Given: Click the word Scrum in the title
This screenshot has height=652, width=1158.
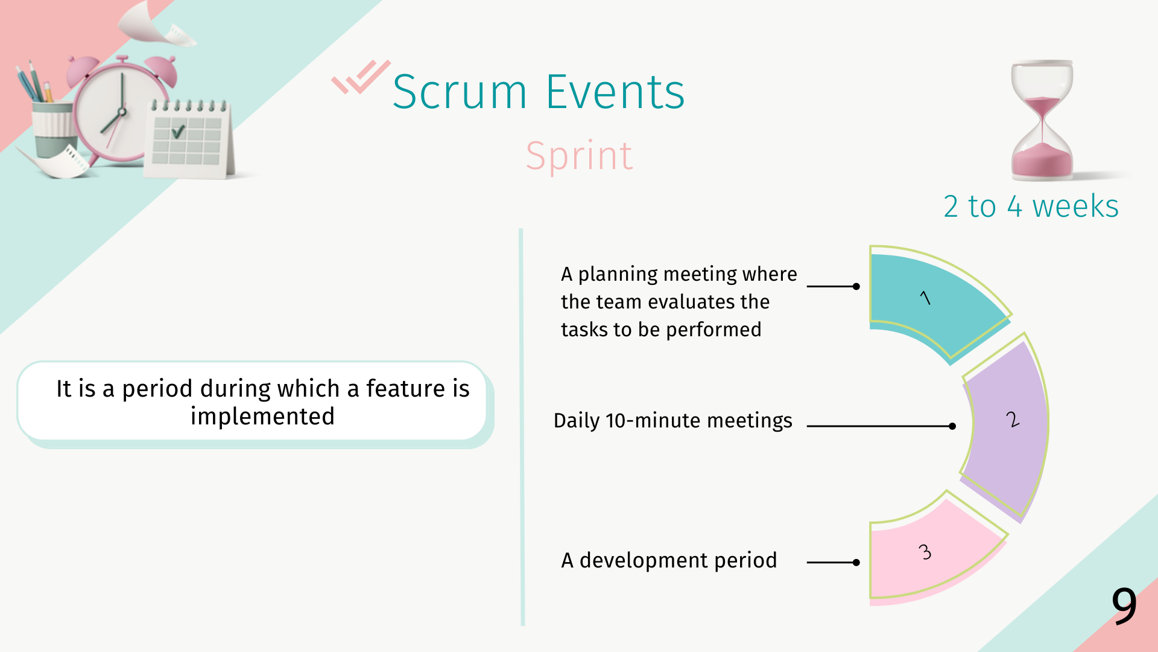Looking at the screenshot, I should pyautogui.click(x=460, y=92).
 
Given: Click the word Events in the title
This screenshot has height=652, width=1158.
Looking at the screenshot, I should pyautogui.click(x=615, y=92).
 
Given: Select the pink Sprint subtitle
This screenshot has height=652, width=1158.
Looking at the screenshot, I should pyautogui.click(x=579, y=156).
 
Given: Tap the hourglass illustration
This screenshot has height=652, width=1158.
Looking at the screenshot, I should pyautogui.click(x=1042, y=121).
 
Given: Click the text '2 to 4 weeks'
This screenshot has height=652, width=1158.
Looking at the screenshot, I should pyautogui.click(x=1031, y=206).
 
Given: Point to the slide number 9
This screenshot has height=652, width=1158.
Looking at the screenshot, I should pyautogui.click(x=1124, y=606).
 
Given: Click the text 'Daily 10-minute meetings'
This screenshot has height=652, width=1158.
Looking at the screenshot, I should pyautogui.click(x=672, y=421).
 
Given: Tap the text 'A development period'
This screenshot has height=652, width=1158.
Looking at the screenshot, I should pyautogui.click(x=669, y=560).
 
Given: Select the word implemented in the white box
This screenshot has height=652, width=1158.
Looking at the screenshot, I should pyautogui.click(x=262, y=417).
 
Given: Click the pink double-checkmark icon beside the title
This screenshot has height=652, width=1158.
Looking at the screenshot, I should pyautogui.click(x=361, y=77).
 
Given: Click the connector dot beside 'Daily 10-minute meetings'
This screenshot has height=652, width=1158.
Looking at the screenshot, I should pyautogui.click(x=952, y=426).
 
